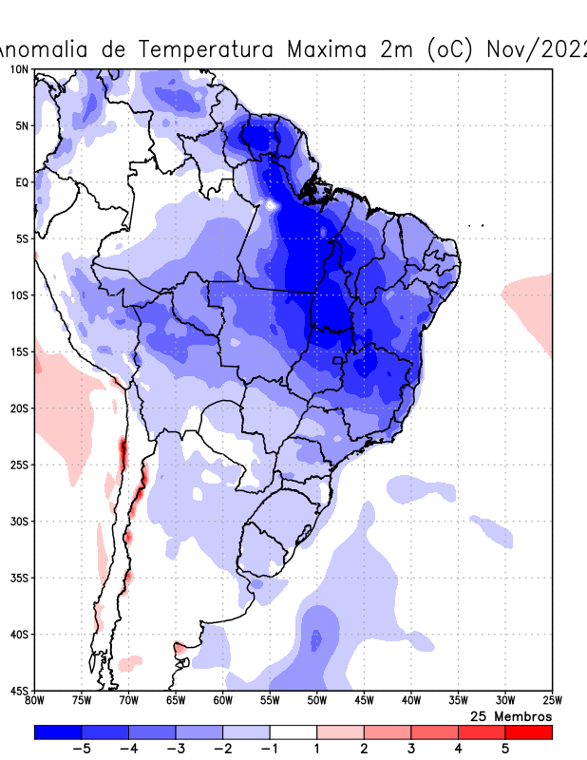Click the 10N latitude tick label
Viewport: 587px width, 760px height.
[x=19, y=69]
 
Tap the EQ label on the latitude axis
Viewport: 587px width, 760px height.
[x=21, y=182]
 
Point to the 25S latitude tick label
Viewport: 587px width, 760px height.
[x=19, y=465]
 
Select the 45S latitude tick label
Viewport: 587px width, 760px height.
[x=19, y=691]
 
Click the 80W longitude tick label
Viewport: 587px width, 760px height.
[x=34, y=701]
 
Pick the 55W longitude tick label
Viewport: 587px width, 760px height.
[x=270, y=701]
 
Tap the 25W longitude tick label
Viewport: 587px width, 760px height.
[x=551, y=701]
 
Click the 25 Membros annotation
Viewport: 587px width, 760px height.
[x=511, y=716]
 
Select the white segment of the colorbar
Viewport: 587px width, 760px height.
[x=293, y=732]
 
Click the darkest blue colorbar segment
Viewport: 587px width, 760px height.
[x=57, y=732]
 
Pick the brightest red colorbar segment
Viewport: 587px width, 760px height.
[x=529, y=732]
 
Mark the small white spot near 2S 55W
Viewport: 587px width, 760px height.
[x=273, y=204]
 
